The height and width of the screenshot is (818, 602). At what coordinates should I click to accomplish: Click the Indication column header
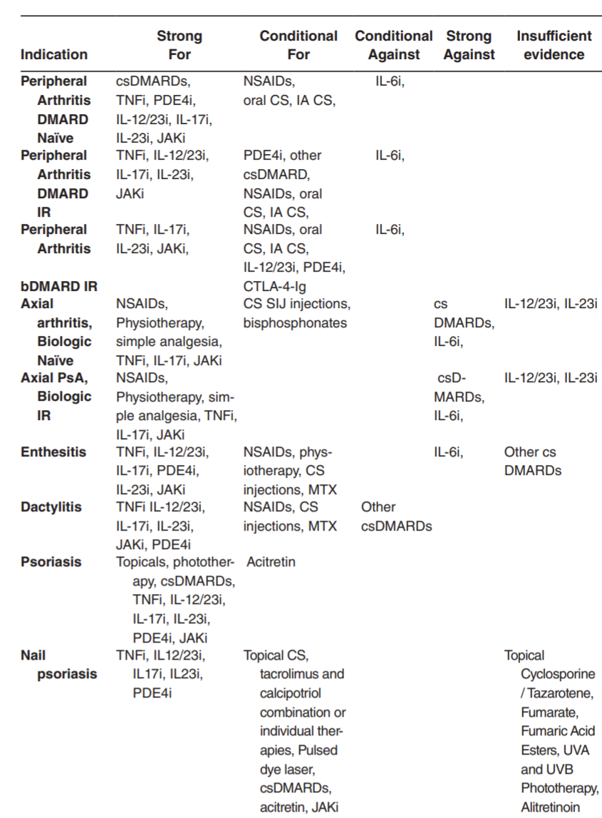coord(54,54)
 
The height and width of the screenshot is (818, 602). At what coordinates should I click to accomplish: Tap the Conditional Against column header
coord(393,45)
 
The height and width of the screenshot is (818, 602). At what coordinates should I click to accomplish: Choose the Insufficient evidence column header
coord(554,45)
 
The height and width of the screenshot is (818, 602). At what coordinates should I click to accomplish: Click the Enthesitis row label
coord(53,451)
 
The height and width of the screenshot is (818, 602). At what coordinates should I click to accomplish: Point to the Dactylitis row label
coord(51,507)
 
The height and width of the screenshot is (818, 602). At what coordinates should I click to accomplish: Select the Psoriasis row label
coord(51,562)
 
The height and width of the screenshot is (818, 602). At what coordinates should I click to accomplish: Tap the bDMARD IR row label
coord(58,285)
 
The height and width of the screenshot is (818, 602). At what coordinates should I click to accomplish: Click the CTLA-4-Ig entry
coord(274,285)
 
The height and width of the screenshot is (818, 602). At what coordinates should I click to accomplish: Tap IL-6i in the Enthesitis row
coord(449,451)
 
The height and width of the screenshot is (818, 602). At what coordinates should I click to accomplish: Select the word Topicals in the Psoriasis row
coord(140,562)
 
